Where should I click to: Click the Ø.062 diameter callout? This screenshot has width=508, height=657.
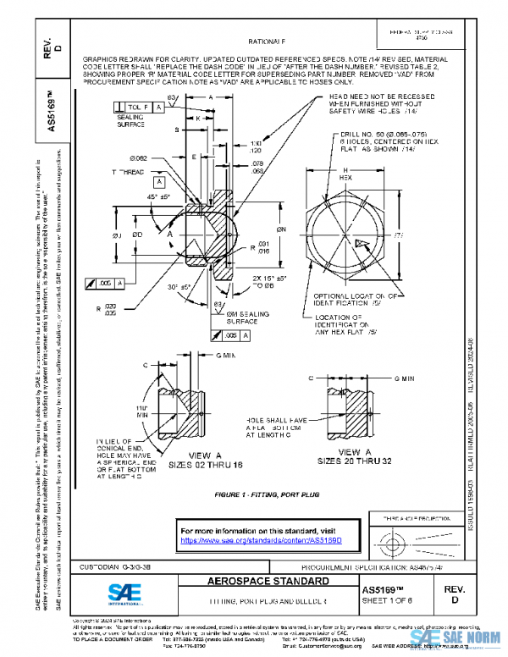(139, 158)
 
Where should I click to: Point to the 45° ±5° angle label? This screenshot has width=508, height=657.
(135, 197)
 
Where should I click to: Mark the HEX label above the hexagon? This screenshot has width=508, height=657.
(345, 179)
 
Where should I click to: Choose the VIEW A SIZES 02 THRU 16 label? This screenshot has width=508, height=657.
(197, 461)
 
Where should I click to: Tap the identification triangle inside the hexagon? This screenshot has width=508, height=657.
(362, 243)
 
